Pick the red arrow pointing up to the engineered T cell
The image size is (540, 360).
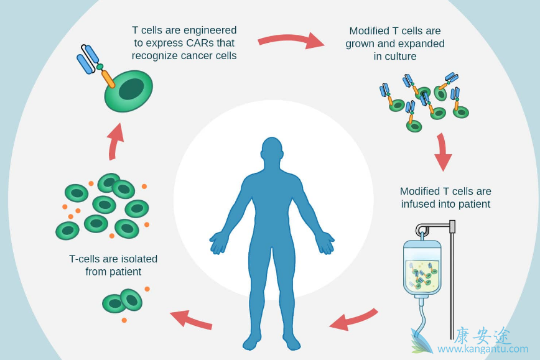point(115,141)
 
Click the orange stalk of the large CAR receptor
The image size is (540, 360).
point(108,78)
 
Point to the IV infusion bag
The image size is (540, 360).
point(422,268)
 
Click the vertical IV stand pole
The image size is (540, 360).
point(452,280)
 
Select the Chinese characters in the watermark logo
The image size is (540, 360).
point(483,336)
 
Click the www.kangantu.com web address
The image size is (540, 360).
point(482,349)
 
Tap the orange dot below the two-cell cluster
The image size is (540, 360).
point(124,320)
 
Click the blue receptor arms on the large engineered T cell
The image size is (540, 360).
point(88,58)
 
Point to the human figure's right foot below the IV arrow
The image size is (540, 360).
point(291,341)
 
